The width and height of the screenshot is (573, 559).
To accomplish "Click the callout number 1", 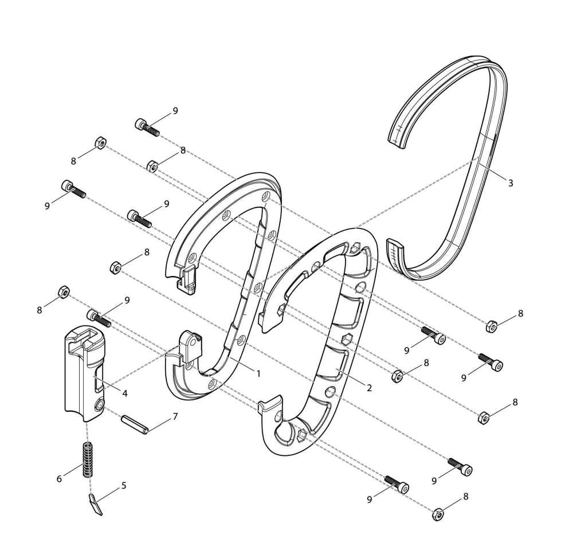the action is pos(258,373).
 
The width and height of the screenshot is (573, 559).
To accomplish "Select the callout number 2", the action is pos(369,388).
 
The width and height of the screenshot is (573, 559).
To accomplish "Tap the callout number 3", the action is pos(511,183).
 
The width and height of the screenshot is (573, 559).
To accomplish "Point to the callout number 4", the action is pos(125,393).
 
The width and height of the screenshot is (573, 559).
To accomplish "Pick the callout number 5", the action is pos(124,486).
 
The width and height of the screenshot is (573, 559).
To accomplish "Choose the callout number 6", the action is pos(59,479).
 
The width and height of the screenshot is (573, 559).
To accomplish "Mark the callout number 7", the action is pos(175,416).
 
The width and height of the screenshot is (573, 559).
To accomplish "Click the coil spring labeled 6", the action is pos(87,459).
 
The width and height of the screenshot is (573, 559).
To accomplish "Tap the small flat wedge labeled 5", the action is pos(95,504).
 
